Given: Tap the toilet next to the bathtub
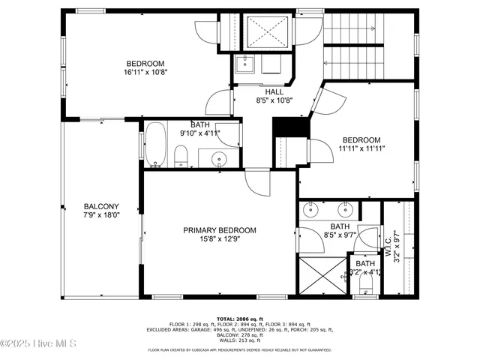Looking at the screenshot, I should [x=181, y=157].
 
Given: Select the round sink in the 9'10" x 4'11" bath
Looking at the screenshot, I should [x=219, y=158].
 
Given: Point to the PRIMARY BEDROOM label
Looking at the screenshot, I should [x=220, y=230].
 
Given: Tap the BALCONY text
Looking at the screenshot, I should [x=101, y=206].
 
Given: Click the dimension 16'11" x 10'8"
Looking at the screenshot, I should [x=145, y=73].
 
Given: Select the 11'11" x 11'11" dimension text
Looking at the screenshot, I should [x=361, y=148].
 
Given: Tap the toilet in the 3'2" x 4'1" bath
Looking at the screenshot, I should [x=365, y=288].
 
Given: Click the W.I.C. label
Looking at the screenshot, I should [x=388, y=241].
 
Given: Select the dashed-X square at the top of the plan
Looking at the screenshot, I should [x=268, y=31].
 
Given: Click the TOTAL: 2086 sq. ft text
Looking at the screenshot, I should [x=239, y=319].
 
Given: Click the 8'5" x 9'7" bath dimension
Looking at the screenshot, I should [x=340, y=235].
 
